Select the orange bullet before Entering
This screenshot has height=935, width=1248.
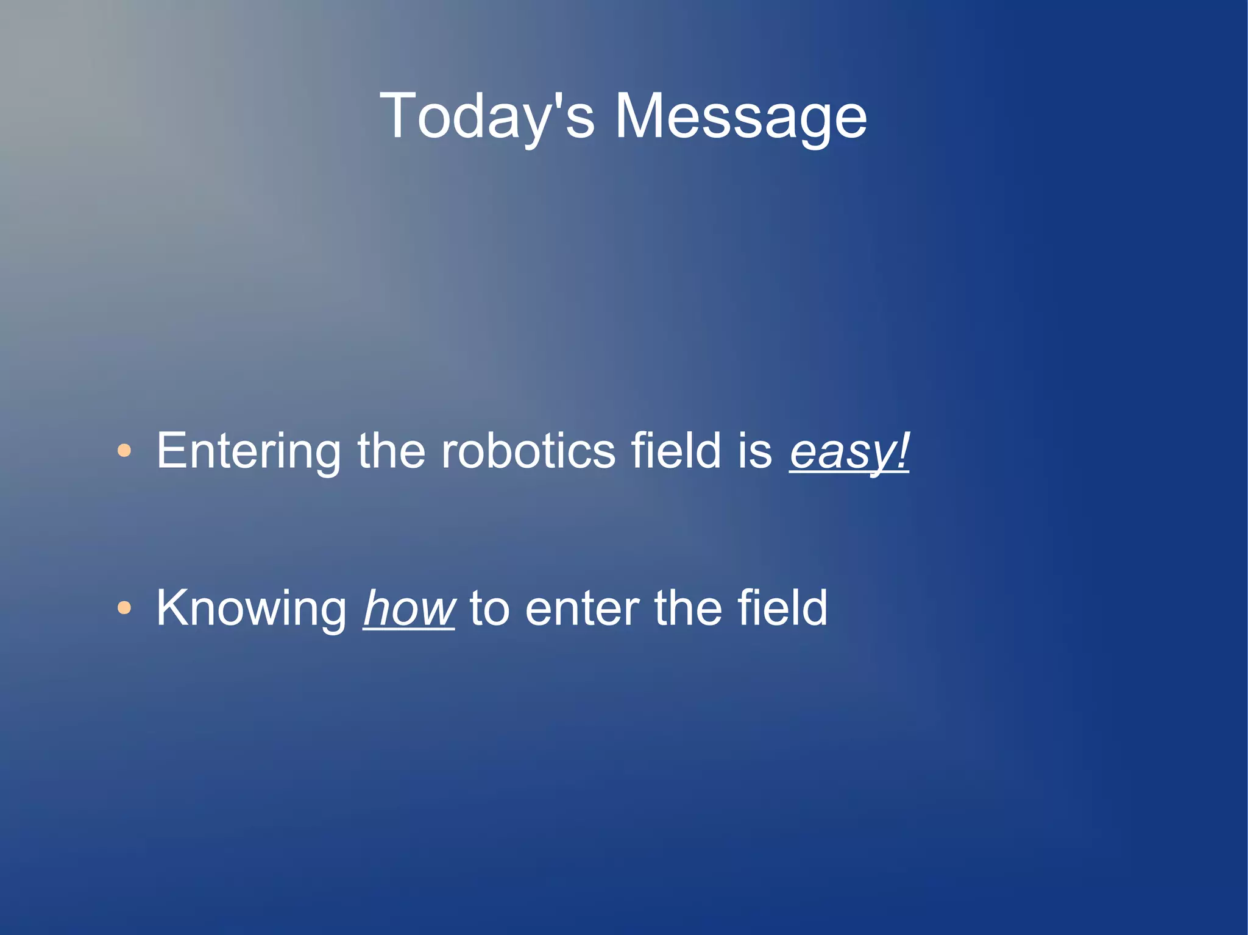coord(124,451)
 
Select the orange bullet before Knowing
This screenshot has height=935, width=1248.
coord(124,607)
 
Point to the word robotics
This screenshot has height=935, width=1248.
coord(528,451)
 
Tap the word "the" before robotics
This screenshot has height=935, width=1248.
coord(391,451)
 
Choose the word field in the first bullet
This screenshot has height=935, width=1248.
coord(676,451)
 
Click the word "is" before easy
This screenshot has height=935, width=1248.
coord(755,451)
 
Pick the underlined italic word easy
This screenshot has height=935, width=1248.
coord(841,452)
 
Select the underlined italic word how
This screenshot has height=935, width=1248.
coord(409,609)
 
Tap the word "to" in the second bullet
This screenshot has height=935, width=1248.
coord(489,609)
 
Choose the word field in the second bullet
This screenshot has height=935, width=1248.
coord(782,609)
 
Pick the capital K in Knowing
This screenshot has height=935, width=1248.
coord(174,607)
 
